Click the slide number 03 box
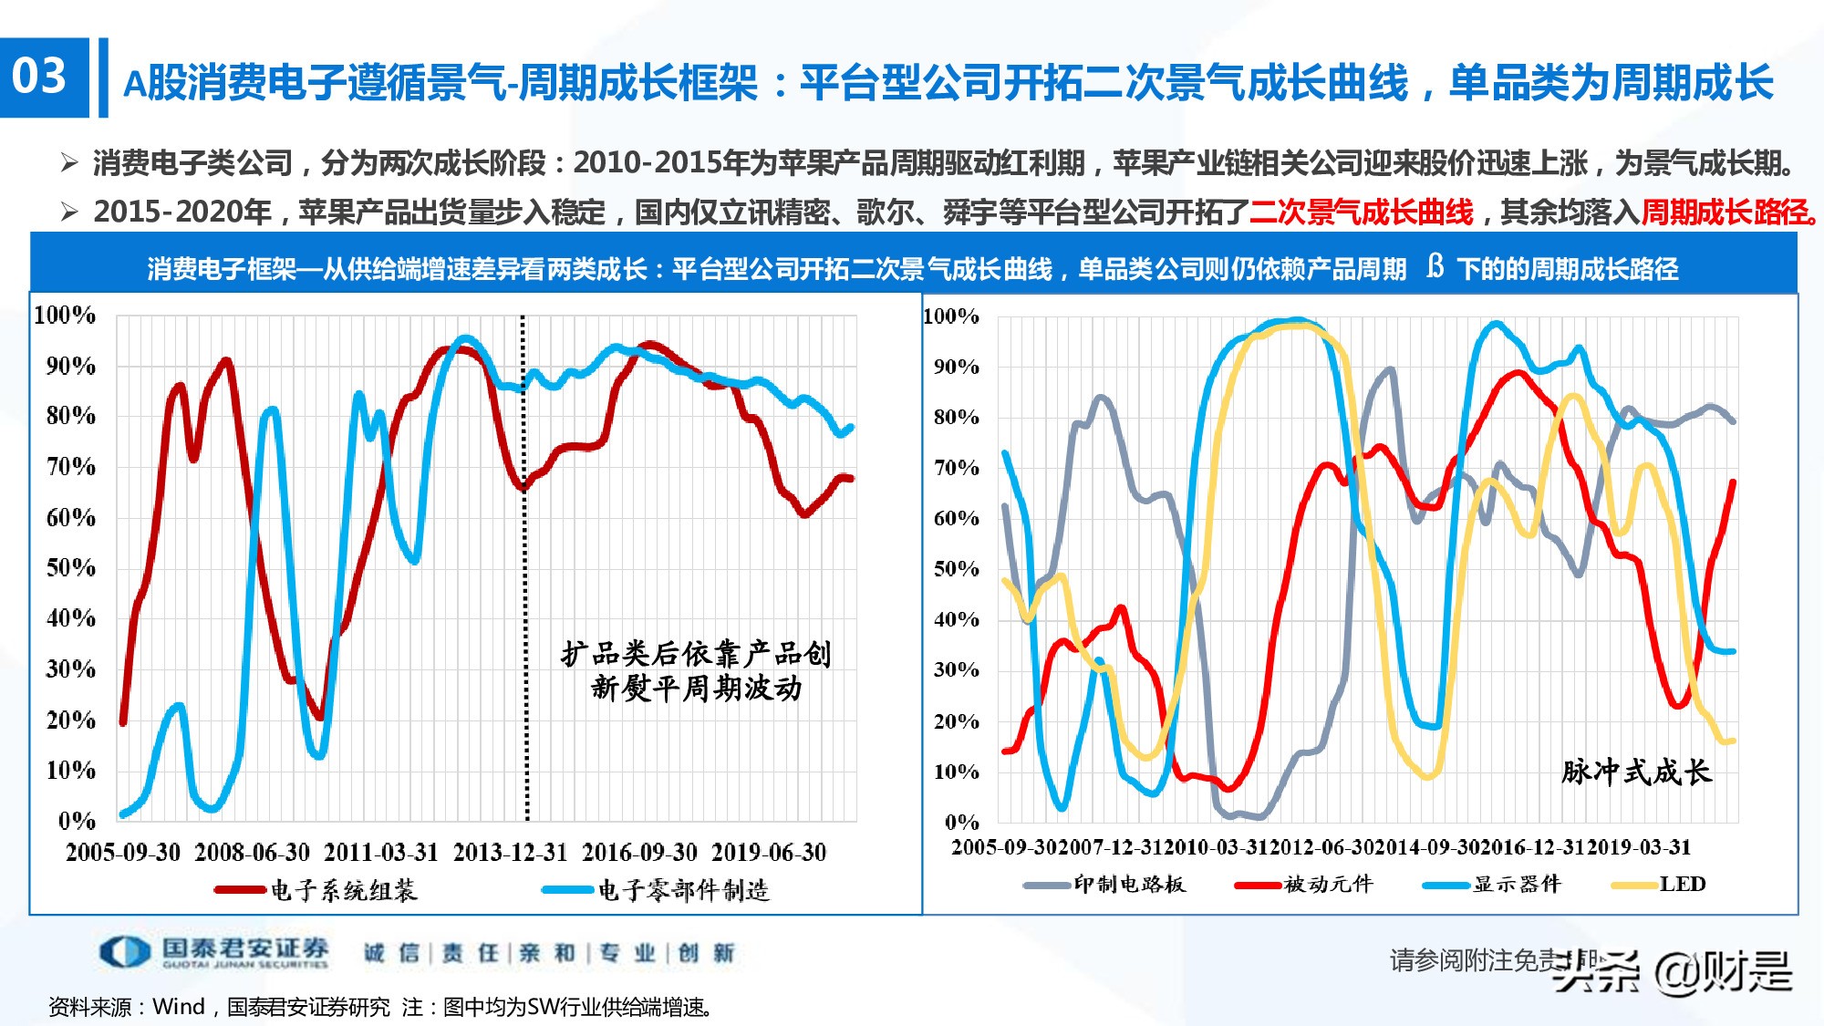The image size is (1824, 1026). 43,77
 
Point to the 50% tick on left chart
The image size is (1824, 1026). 70,567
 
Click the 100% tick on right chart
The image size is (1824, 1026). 950,316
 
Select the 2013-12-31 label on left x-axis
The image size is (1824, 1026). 510,853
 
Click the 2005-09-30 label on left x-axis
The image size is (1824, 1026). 123,853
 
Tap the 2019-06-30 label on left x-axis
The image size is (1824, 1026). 769,853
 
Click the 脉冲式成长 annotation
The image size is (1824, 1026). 1636,772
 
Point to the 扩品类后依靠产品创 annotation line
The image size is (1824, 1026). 696,654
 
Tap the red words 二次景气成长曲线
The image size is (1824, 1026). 1361,212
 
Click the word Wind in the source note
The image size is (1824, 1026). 179,1007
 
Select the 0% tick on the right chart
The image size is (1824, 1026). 961,822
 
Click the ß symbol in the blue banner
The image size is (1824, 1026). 1435,266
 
